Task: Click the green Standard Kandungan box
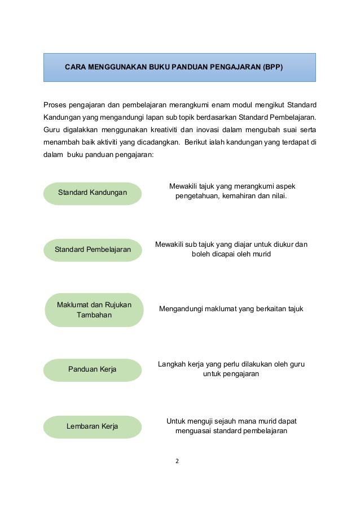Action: [93, 193]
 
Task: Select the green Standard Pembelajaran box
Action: [93, 250]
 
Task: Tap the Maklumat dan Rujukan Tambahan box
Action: [94, 310]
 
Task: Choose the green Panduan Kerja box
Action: [93, 369]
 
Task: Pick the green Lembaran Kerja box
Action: [93, 426]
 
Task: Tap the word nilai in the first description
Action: [278, 197]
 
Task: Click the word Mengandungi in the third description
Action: [181, 309]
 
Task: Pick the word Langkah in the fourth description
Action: [172, 365]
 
